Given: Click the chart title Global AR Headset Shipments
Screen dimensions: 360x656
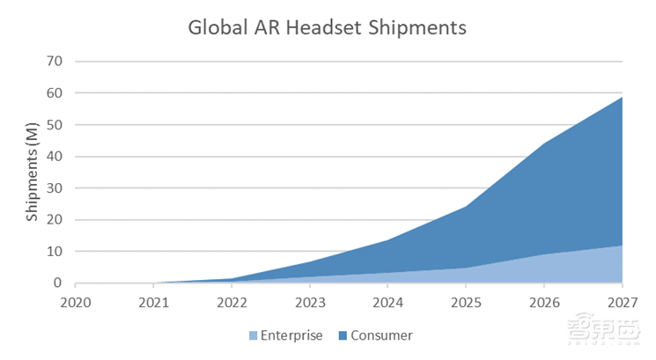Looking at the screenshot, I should tap(327, 27).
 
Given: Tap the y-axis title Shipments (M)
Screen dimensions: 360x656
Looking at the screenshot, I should tap(33, 173).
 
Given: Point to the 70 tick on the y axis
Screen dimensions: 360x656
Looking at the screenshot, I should tap(57, 62).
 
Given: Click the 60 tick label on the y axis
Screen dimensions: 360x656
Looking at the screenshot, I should tap(57, 93).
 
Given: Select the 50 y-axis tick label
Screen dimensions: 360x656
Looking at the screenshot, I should tap(57, 125).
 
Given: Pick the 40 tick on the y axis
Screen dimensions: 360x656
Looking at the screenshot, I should tap(57, 157).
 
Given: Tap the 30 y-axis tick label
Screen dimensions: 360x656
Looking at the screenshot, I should tap(57, 188).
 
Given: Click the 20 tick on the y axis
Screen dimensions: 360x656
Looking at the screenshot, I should tap(57, 220).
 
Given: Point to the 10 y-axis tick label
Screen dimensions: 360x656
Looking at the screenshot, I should tap(57, 252).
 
